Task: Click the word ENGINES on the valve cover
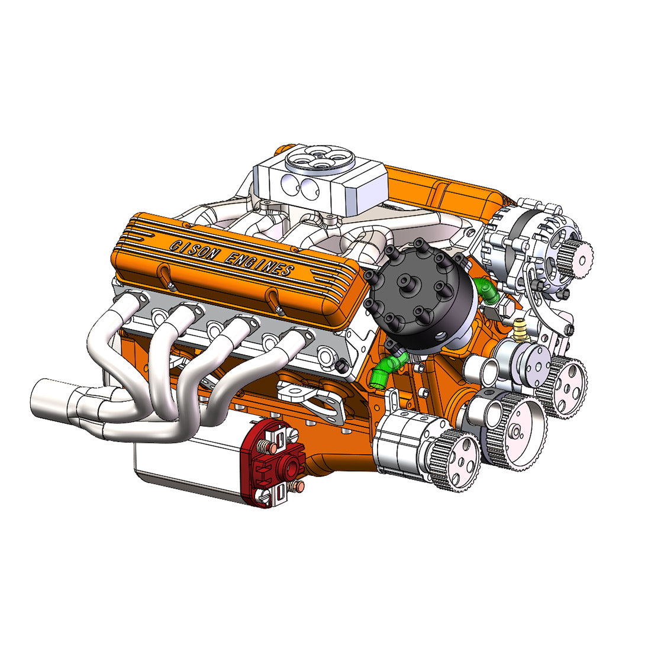(261, 263)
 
